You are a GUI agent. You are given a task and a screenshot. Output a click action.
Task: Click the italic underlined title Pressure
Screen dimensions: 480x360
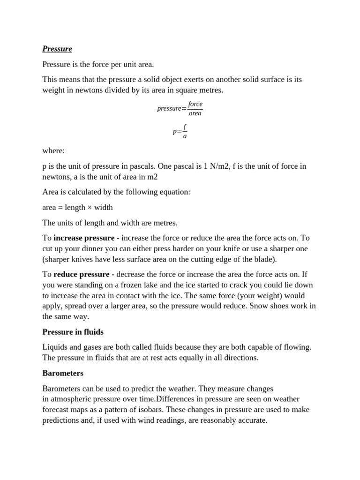[x=57, y=49]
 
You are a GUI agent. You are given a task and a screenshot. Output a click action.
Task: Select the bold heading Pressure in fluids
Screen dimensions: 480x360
[x=73, y=332]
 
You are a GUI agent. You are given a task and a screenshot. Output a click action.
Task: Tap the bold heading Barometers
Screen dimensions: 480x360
[x=63, y=374]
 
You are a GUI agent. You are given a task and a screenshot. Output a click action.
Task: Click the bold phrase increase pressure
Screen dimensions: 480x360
[x=84, y=238]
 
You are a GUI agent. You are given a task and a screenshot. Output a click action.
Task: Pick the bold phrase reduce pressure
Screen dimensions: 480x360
[x=82, y=274]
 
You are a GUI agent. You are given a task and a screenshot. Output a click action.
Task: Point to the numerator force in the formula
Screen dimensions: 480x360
[x=195, y=104]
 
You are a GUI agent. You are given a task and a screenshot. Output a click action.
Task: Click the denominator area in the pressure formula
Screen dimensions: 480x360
[x=195, y=113]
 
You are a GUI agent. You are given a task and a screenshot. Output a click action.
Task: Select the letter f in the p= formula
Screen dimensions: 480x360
[x=185, y=127]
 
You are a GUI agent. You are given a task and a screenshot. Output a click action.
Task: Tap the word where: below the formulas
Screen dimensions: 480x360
[x=54, y=151]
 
